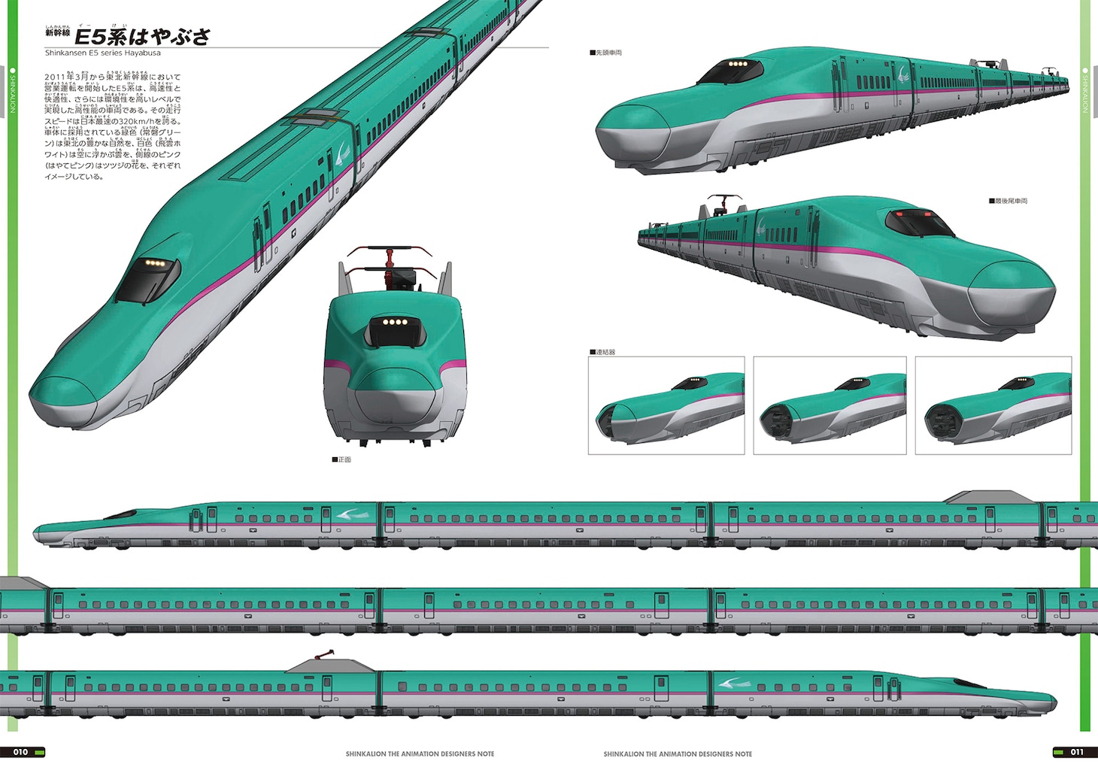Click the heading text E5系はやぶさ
click(x=142, y=36)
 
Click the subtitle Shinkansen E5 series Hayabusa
click(x=102, y=53)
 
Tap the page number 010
click(x=20, y=752)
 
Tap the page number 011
click(x=1077, y=752)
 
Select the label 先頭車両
click(x=608, y=53)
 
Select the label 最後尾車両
click(x=1010, y=202)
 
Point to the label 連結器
click(x=604, y=352)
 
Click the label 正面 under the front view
click(x=343, y=459)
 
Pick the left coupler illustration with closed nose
click(x=666, y=405)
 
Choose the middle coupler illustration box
click(x=830, y=405)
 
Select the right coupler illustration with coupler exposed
click(x=993, y=405)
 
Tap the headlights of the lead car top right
click(x=739, y=64)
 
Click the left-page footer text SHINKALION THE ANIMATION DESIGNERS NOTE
click(x=420, y=753)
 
